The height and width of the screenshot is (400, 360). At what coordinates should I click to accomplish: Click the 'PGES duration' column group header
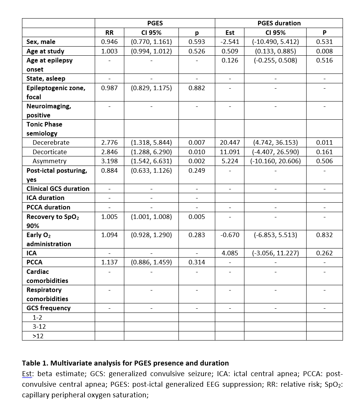[279, 23]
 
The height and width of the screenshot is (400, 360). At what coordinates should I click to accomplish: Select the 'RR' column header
[109, 33]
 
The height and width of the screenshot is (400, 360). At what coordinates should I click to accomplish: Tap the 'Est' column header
[230, 33]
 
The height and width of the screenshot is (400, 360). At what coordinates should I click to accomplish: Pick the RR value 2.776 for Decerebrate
[110, 143]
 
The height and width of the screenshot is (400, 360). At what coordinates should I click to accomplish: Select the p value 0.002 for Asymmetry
[197, 161]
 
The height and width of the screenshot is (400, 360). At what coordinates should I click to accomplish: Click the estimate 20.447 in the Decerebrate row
[230, 143]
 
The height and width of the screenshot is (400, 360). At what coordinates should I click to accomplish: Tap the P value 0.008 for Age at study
[324, 51]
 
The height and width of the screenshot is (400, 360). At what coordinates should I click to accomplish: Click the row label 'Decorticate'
[50, 152]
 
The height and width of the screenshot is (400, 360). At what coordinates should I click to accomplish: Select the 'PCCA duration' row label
[48, 207]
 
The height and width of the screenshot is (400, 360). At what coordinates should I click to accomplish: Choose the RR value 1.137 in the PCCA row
[110, 262]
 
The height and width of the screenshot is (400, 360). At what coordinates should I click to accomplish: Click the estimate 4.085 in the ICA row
[230, 253]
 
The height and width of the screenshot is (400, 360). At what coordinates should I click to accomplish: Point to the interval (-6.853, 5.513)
[275, 235]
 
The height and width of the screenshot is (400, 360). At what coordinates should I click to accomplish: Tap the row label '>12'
[38, 336]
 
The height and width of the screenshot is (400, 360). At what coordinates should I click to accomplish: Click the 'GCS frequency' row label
[49, 308]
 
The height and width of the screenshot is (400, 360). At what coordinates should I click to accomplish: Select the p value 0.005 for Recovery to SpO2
[197, 217]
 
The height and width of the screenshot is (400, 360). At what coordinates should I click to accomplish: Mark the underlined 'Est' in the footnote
[27, 374]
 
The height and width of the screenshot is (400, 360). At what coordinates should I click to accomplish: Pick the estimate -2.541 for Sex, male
[230, 42]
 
